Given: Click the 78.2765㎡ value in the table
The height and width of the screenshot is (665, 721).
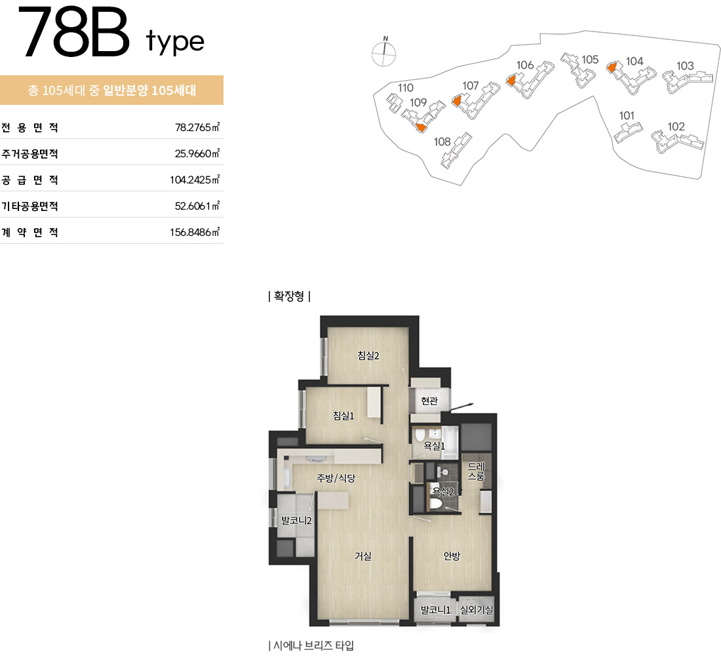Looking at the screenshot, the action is click(x=197, y=127).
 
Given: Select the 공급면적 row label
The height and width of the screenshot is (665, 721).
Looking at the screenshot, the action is click(x=30, y=180).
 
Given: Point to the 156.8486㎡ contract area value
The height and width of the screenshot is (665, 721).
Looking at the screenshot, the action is click(x=195, y=232).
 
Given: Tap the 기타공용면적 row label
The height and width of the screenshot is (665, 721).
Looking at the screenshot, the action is click(x=30, y=206).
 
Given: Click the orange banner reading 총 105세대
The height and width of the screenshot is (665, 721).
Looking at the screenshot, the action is click(x=111, y=90).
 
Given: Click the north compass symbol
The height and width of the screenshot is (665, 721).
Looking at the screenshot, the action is click(x=383, y=52).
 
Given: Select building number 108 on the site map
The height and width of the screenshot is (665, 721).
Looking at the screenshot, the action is click(x=442, y=142).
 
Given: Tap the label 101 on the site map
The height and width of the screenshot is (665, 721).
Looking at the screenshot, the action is click(x=627, y=116).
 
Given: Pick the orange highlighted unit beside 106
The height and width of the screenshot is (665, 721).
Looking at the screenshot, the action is click(x=511, y=81).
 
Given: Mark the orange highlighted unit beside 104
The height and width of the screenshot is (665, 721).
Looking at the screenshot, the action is click(x=611, y=68).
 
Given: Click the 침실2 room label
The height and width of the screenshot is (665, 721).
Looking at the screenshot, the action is click(x=368, y=355).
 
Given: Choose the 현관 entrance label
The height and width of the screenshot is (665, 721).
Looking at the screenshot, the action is click(x=429, y=401).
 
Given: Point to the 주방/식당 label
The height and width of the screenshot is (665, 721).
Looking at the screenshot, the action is click(x=336, y=478).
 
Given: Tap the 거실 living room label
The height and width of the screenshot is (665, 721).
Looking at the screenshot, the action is click(x=363, y=556).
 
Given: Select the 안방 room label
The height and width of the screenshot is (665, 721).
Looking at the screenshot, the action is click(x=452, y=556).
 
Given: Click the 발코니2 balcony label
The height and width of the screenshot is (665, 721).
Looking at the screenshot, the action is click(x=296, y=520).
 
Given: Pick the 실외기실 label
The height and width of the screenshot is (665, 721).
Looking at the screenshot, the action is click(x=477, y=610).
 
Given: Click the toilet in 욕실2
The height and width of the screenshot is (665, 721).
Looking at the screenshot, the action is click(x=435, y=504).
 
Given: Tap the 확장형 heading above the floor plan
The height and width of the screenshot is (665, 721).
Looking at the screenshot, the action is click(x=289, y=296).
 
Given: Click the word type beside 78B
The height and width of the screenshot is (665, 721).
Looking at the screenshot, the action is click(x=175, y=41).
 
